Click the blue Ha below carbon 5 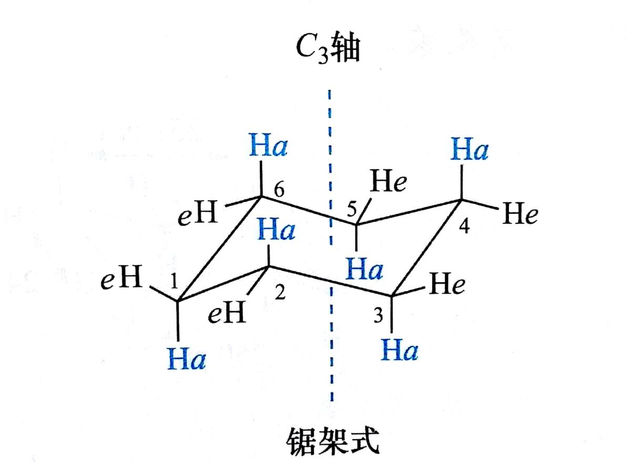(x=365, y=270)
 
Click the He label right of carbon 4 (x=520, y=215)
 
